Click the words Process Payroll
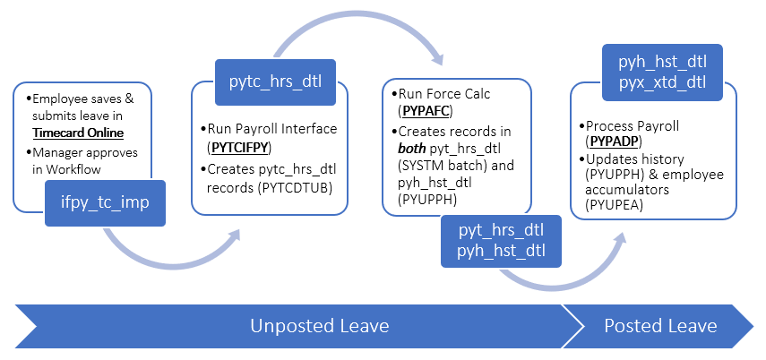pyautogui.click(x=632, y=126)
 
